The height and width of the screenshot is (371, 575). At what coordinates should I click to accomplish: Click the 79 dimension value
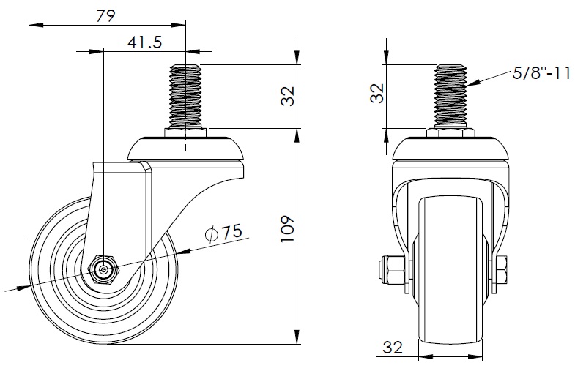point(106,16)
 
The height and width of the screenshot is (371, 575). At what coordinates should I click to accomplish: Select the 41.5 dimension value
point(144,43)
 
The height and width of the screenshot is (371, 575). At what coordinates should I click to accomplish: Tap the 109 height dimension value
point(289,229)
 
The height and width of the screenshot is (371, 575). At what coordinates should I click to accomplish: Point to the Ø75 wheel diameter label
point(224,233)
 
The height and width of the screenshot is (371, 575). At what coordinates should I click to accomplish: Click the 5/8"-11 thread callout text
point(541,74)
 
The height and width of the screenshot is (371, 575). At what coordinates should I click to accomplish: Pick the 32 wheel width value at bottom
point(393,347)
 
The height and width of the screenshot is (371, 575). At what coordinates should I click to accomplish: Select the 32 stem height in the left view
point(289,96)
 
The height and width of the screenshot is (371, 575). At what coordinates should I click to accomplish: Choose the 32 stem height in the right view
point(377,94)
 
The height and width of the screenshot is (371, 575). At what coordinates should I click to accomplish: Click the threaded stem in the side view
point(186,96)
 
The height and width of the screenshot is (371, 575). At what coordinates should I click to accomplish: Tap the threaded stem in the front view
point(450,96)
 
